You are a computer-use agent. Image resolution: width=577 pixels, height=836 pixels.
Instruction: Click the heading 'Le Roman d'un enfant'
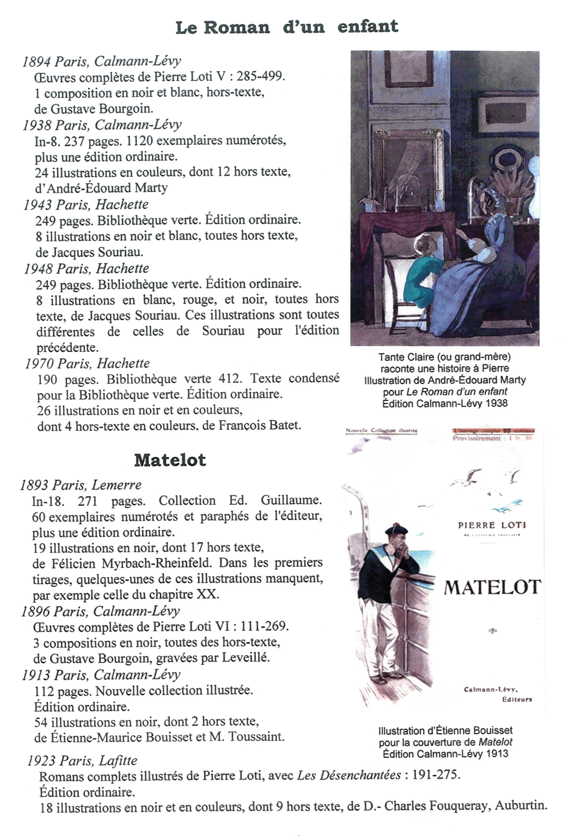click(x=287, y=27)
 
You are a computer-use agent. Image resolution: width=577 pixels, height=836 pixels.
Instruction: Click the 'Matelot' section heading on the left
click(x=170, y=460)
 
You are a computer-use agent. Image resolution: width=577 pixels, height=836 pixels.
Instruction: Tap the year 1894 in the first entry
click(x=36, y=61)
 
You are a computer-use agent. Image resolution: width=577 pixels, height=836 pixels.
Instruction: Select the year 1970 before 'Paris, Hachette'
click(x=39, y=363)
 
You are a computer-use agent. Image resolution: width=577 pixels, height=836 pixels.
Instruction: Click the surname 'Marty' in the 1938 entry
click(x=150, y=188)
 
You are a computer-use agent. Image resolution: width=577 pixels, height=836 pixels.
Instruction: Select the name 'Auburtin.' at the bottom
click(x=520, y=806)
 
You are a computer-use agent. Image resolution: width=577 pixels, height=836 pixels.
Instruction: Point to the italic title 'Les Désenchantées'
click(x=349, y=776)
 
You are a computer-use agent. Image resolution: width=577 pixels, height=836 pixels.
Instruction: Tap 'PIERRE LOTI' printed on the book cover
click(x=492, y=525)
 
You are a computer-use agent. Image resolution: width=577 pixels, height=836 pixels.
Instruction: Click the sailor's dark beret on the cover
click(x=396, y=530)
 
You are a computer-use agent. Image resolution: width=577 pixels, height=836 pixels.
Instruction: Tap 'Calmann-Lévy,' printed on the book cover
click(x=497, y=690)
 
